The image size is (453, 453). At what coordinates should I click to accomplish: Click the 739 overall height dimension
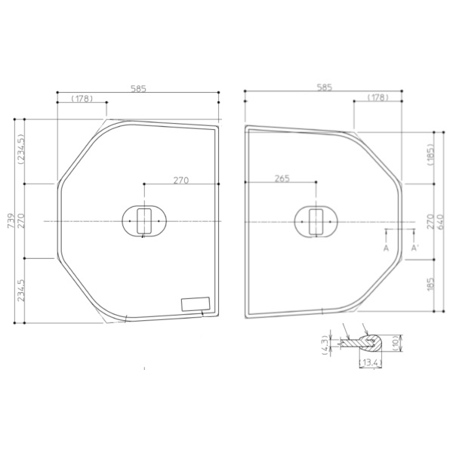coord(11,220)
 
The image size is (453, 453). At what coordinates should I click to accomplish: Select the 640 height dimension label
coord(441,221)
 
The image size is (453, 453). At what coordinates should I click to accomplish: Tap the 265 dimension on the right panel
coord(282,178)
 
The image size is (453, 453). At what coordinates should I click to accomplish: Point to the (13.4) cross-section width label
coord(371,362)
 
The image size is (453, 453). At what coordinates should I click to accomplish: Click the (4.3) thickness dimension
coord(325,345)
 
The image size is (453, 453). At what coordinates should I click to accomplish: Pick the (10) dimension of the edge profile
coord(396,343)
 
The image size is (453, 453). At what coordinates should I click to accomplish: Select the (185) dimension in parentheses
coord(431,154)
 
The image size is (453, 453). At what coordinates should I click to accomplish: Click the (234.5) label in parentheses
coord(21,149)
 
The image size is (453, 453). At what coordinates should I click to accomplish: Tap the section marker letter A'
coord(414,248)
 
